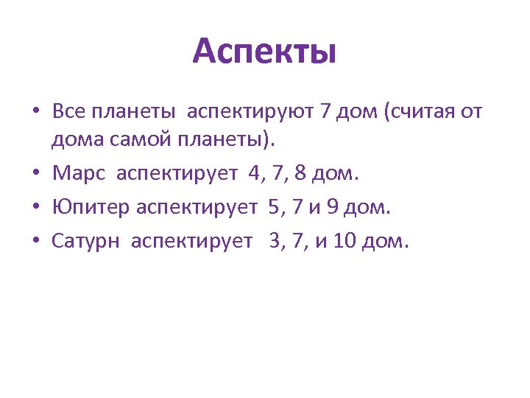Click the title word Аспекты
264,52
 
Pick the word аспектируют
251,113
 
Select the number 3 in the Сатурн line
276,241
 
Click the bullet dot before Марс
36,175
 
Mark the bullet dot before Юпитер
36,209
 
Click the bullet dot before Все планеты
36,113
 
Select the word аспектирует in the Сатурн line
191,242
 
